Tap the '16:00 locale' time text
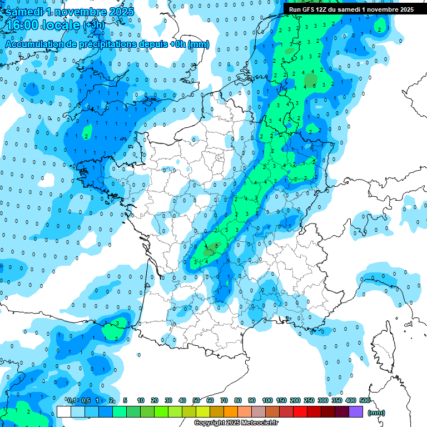[41, 25]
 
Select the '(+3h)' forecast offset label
[93, 26]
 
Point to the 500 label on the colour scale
[365, 401]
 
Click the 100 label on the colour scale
[267, 401]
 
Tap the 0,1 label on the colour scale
[72, 401]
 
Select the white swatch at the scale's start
[63, 411]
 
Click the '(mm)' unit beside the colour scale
[376, 413]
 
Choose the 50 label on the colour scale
[196, 401]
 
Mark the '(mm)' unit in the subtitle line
[198, 44]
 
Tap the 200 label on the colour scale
[295, 401]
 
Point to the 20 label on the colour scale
[155, 401]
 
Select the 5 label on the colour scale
[126, 401]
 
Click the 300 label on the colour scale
[322, 401]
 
